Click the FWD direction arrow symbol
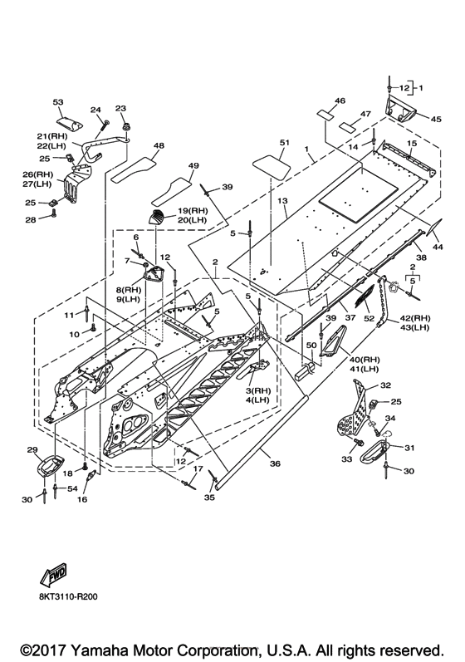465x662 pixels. tap(54, 575)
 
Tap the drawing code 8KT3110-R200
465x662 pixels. tap(69, 596)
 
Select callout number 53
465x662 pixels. tap(58, 102)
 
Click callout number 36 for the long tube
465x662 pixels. tap(275, 463)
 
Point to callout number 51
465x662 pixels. tap(285, 143)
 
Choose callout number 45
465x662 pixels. tap(436, 119)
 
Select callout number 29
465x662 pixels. tap(32, 450)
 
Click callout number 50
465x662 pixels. tap(311, 346)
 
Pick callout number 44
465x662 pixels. tap(438, 247)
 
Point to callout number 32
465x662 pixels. tap(385, 385)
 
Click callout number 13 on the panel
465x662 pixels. tap(282, 201)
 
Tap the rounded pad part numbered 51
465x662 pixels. tap(272, 168)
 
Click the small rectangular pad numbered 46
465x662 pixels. tap(326, 115)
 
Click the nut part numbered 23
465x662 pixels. tap(125, 125)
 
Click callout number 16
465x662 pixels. tap(82, 499)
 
